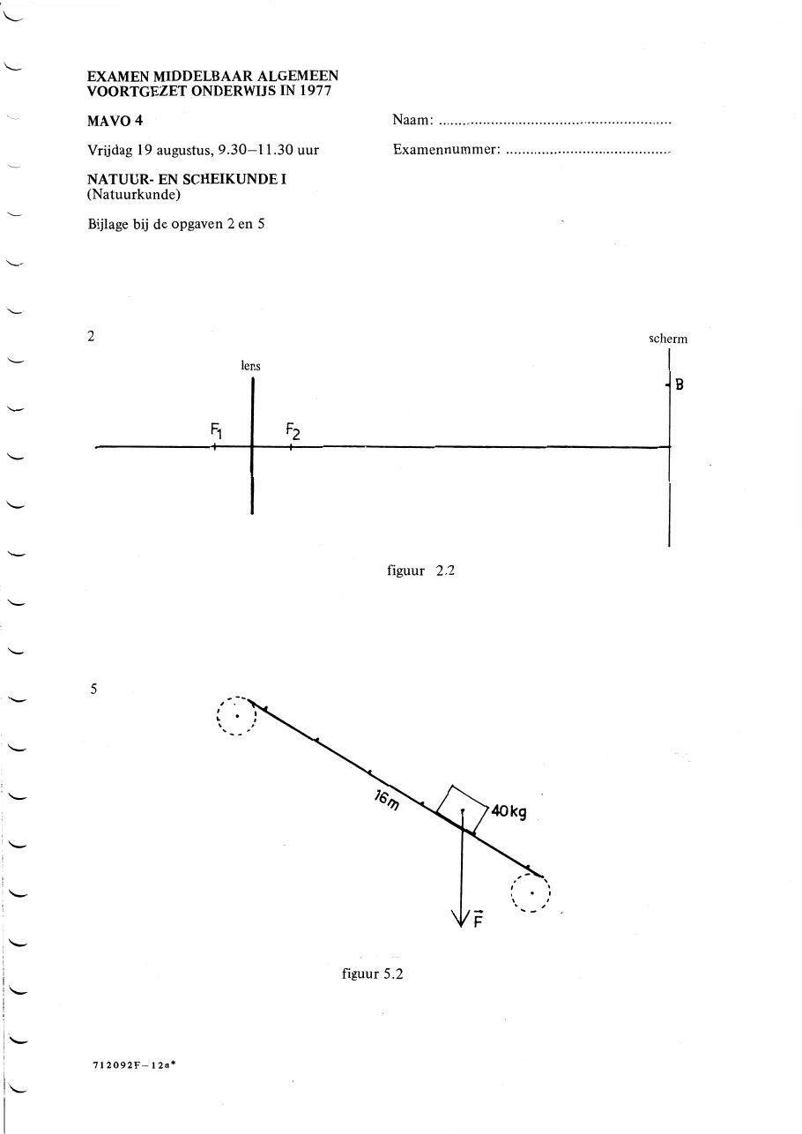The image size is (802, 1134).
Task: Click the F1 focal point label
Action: (x=217, y=431)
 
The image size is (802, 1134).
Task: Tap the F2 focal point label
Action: (x=293, y=431)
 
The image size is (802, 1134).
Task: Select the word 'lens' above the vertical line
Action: (x=250, y=366)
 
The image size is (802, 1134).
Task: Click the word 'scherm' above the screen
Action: (x=668, y=339)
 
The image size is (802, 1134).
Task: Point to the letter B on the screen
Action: (x=679, y=384)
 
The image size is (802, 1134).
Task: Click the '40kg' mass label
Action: (x=509, y=811)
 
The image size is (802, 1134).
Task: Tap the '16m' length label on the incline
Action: (x=387, y=801)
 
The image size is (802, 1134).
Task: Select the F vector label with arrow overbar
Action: (x=479, y=919)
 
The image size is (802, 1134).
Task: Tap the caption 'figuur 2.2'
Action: (x=420, y=571)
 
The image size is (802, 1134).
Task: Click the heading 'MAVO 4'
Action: (x=115, y=121)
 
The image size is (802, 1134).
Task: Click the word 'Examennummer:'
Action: (x=447, y=149)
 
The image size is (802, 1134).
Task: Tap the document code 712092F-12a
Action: (x=134, y=1064)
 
